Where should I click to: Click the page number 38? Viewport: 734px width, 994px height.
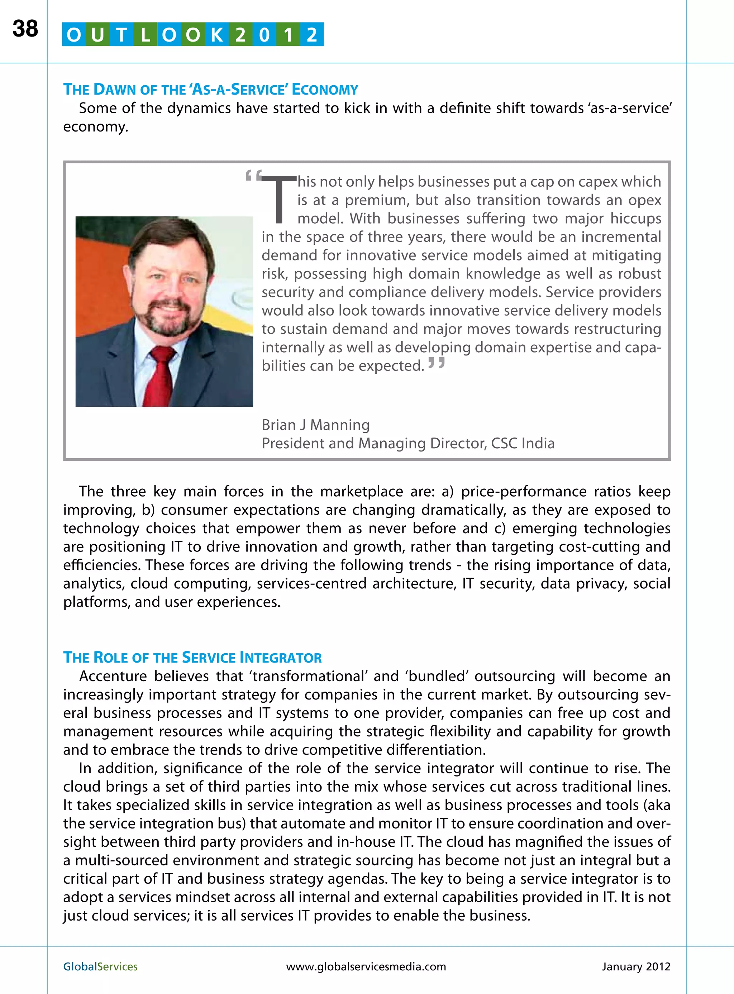(25, 29)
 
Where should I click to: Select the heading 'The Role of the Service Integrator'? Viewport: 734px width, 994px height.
(192, 657)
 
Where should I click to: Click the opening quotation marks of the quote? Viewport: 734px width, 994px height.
(253, 176)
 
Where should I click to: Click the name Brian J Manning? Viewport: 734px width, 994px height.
(315, 425)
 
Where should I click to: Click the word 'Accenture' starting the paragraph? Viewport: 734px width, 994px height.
(113, 676)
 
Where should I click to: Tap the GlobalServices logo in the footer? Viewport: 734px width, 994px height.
(100, 966)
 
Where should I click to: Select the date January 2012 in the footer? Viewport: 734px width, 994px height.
(635, 966)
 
